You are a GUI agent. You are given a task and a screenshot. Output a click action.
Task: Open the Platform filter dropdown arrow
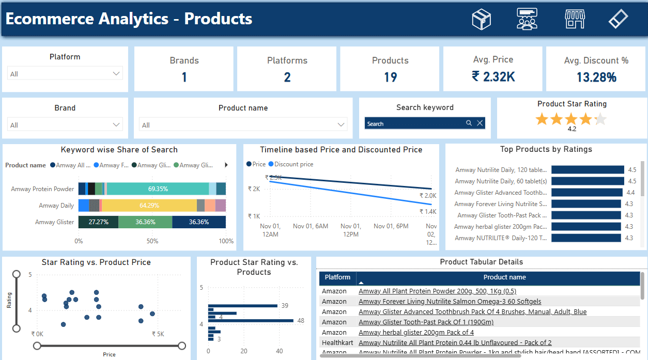(x=116, y=74)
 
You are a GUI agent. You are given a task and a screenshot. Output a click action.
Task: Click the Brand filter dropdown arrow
(x=116, y=125)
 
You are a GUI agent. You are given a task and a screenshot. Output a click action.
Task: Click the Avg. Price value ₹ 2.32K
(x=493, y=77)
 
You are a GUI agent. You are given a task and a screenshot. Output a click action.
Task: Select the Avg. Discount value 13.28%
(x=596, y=77)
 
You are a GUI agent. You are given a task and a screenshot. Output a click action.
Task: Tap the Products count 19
(x=390, y=77)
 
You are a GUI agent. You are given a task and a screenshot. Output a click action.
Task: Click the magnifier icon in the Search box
(x=469, y=123)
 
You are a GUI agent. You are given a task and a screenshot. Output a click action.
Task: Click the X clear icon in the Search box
(x=480, y=123)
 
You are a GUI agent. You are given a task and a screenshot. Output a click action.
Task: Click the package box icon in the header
(x=481, y=19)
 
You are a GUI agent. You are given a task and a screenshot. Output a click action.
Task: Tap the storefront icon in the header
(x=574, y=19)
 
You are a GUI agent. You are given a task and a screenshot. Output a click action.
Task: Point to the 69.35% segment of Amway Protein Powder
(x=158, y=189)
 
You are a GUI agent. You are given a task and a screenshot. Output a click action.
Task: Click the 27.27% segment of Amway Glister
(x=98, y=222)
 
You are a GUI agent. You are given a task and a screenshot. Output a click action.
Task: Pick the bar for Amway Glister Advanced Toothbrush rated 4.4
(x=587, y=193)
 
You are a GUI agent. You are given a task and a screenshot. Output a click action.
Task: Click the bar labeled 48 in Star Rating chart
(x=251, y=321)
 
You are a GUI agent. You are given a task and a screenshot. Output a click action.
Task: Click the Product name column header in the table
(x=504, y=277)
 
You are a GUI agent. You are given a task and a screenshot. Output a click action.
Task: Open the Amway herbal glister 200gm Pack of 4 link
(x=416, y=332)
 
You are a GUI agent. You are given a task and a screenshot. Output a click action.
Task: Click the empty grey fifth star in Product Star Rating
(x=599, y=120)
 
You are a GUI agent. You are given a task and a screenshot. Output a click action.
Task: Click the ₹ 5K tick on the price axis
(x=158, y=334)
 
